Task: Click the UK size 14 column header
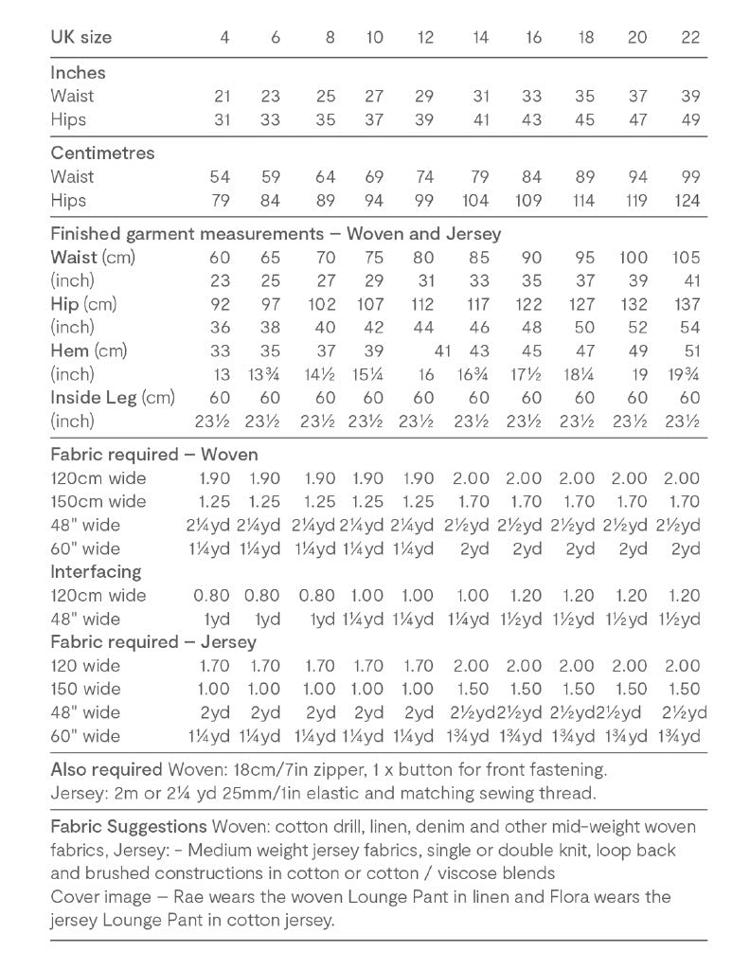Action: (479, 37)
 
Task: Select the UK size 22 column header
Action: (690, 37)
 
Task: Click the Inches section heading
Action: (78, 72)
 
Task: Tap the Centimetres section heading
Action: (101, 153)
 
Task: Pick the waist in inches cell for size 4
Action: (223, 96)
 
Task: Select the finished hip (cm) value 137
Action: (685, 304)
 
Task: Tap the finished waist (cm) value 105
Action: (685, 258)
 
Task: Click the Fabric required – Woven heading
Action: (153, 454)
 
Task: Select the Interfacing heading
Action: (96, 571)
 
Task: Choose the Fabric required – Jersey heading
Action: (152, 642)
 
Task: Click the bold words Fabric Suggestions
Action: (129, 826)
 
